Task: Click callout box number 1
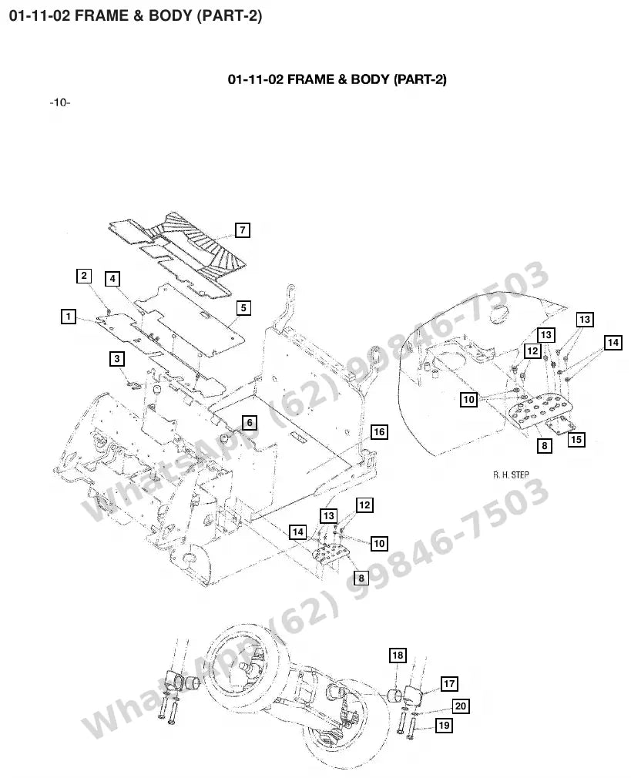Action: click(x=69, y=316)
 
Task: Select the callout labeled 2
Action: click(x=84, y=276)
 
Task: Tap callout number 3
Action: click(x=117, y=359)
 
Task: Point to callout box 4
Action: click(x=112, y=279)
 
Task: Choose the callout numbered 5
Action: click(x=243, y=308)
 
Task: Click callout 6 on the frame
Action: click(x=250, y=423)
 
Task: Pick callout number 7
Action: click(x=242, y=230)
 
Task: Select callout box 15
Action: click(x=576, y=440)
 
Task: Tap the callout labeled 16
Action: click(x=379, y=432)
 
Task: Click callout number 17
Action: click(x=449, y=684)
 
